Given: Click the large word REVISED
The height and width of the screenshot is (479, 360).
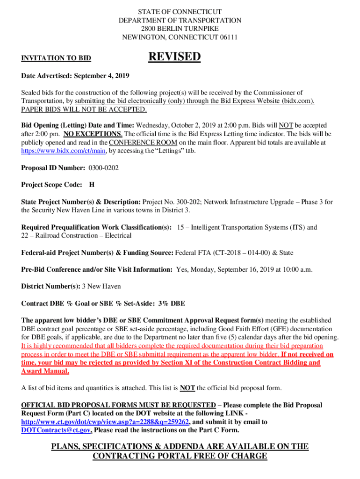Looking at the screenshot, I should pyautogui.click(x=174, y=57).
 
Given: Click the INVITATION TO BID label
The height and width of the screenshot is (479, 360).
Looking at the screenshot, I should pyautogui.click(x=56, y=58).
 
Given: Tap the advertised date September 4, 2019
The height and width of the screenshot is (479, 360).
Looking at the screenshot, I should pyautogui.click(x=100, y=75).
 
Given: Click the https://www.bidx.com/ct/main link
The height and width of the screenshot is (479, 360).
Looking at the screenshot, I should pyautogui.click(x=64, y=151).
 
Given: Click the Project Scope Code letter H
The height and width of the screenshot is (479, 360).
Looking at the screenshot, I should pyautogui.click(x=92, y=185).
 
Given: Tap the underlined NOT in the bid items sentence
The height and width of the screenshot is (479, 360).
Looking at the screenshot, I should pyautogui.click(x=187, y=388).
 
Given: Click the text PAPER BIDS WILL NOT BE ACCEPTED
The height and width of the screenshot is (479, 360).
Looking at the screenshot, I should pyautogui.click(x=84, y=109).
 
